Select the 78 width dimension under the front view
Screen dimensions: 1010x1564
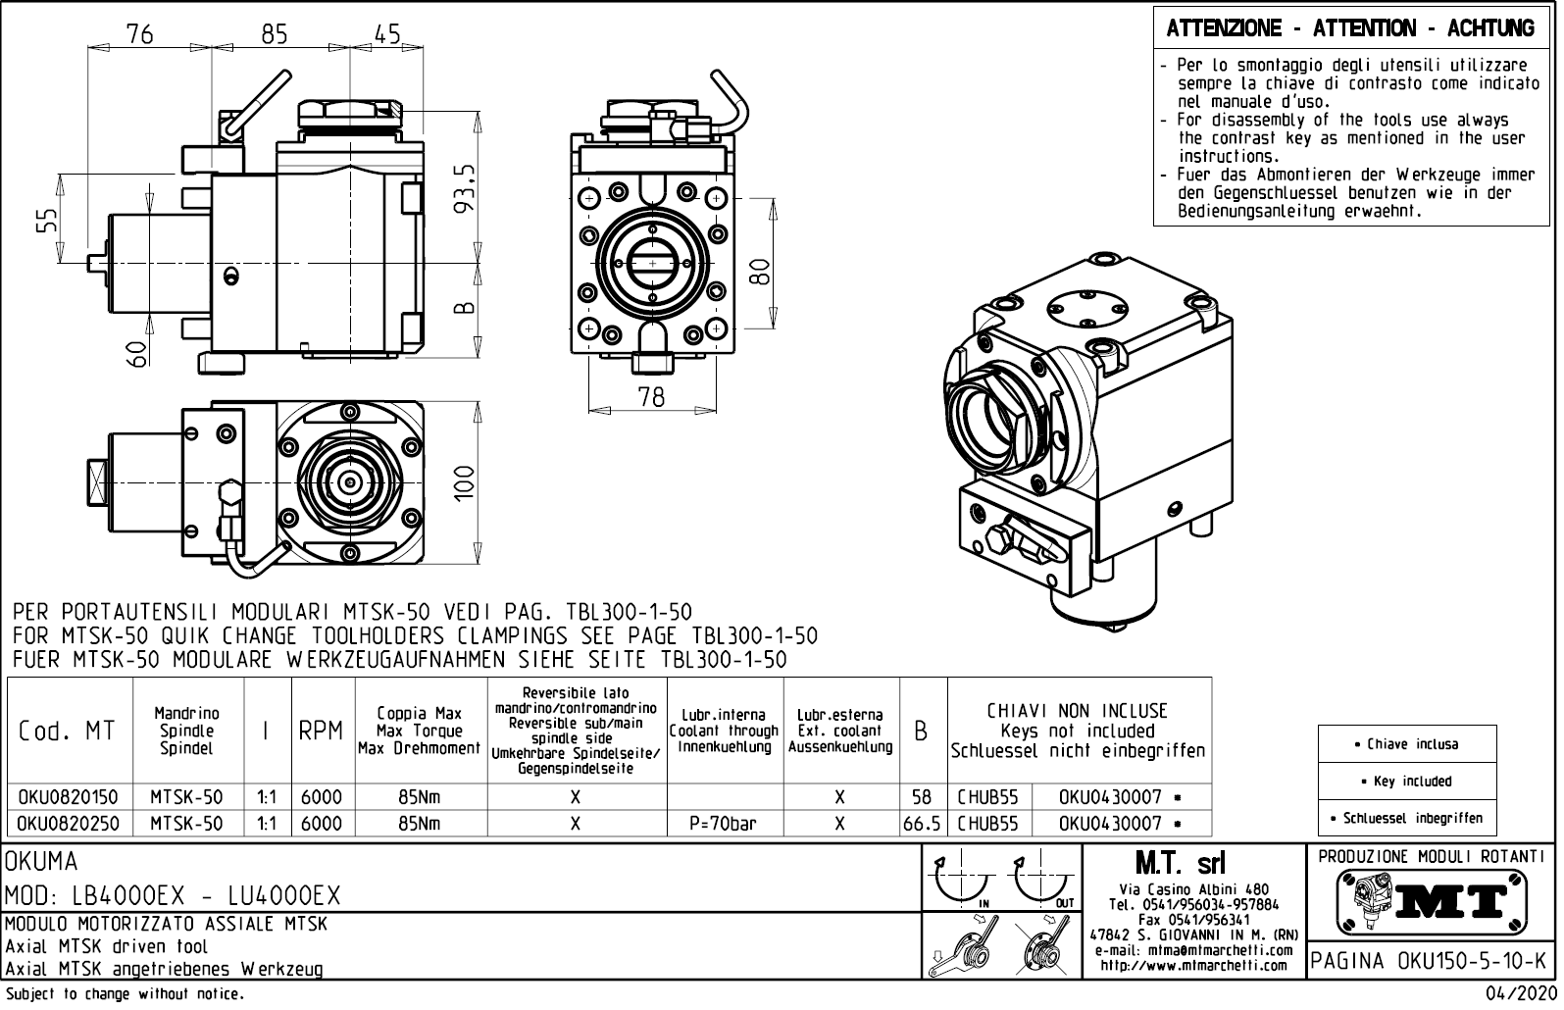click(x=650, y=396)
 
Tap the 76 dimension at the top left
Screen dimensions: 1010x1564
click(x=139, y=34)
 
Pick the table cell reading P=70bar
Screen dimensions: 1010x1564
click(x=723, y=824)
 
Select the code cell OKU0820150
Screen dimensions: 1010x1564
click(x=68, y=797)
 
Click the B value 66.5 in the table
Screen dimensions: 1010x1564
click(x=922, y=824)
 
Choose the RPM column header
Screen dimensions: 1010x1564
click(x=321, y=732)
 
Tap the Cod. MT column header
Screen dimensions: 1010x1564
click(x=67, y=732)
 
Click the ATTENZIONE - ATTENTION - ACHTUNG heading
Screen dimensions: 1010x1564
click(x=1349, y=28)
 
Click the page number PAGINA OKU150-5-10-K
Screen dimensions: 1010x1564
click(x=1429, y=960)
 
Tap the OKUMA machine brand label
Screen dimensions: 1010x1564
click(x=42, y=862)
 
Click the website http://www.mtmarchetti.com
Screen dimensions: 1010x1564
click(x=1192, y=965)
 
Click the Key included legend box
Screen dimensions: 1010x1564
click(x=1406, y=782)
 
